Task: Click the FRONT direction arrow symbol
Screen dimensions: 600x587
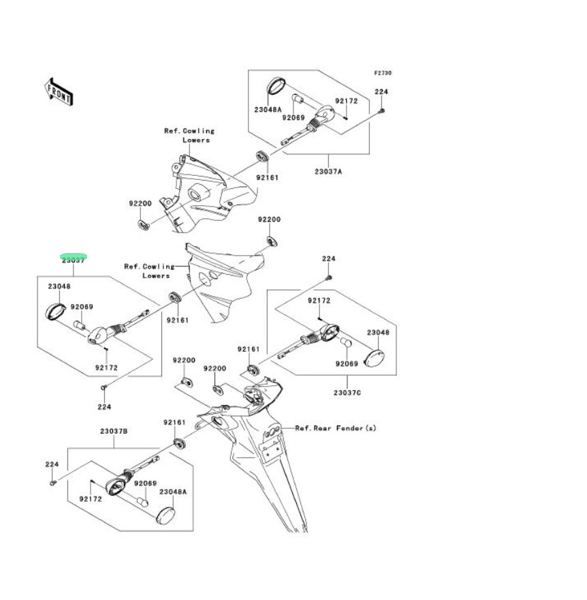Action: click(59, 91)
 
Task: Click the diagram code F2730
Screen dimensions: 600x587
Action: click(382, 73)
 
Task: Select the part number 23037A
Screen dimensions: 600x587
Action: click(328, 171)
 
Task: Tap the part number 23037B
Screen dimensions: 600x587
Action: click(114, 432)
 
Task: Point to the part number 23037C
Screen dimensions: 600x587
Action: click(347, 393)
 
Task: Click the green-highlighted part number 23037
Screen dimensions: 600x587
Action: click(73, 260)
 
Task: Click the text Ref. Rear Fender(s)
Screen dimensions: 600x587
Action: click(335, 428)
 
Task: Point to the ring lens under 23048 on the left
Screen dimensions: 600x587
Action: click(55, 310)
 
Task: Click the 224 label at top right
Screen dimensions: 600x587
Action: click(381, 92)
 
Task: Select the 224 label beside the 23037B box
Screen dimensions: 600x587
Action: click(52, 464)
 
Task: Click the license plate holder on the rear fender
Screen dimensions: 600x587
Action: click(272, 449)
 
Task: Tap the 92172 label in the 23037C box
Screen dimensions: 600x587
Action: click(319, 300)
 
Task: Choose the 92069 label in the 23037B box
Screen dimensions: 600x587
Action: click(145, 483)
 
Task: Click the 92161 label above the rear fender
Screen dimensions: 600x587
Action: click(174, 423)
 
